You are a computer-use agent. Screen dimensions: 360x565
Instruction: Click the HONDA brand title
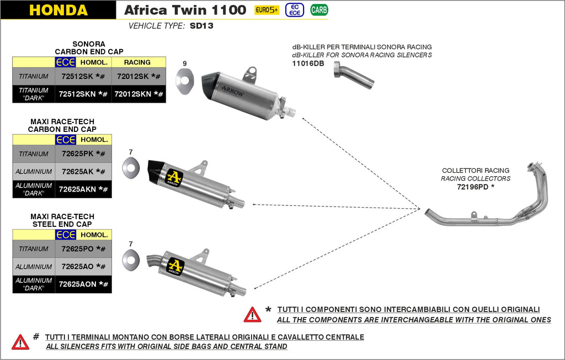58,10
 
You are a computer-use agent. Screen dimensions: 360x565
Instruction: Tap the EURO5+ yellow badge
266,10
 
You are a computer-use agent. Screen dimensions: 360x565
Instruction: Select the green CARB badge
318,10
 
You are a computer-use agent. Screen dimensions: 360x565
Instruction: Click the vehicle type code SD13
201,26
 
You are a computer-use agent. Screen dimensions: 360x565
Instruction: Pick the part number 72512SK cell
83,76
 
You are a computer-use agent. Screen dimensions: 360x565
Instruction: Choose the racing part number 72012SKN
138,94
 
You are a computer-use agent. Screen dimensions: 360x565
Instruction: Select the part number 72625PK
83,153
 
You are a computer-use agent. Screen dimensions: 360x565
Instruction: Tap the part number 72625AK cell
83,172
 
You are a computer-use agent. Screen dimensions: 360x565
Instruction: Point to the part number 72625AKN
83,189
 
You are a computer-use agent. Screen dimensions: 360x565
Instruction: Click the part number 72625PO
83,248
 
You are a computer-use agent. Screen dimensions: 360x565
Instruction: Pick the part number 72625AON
83,284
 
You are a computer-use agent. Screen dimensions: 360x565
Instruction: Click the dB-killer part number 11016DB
308,63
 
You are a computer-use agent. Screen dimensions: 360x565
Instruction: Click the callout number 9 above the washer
185,63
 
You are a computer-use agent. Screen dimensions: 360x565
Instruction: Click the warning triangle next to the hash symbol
20,342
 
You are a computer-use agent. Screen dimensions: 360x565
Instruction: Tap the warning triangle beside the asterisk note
252,314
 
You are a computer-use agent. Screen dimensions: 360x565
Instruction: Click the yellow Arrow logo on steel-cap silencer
175,266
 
